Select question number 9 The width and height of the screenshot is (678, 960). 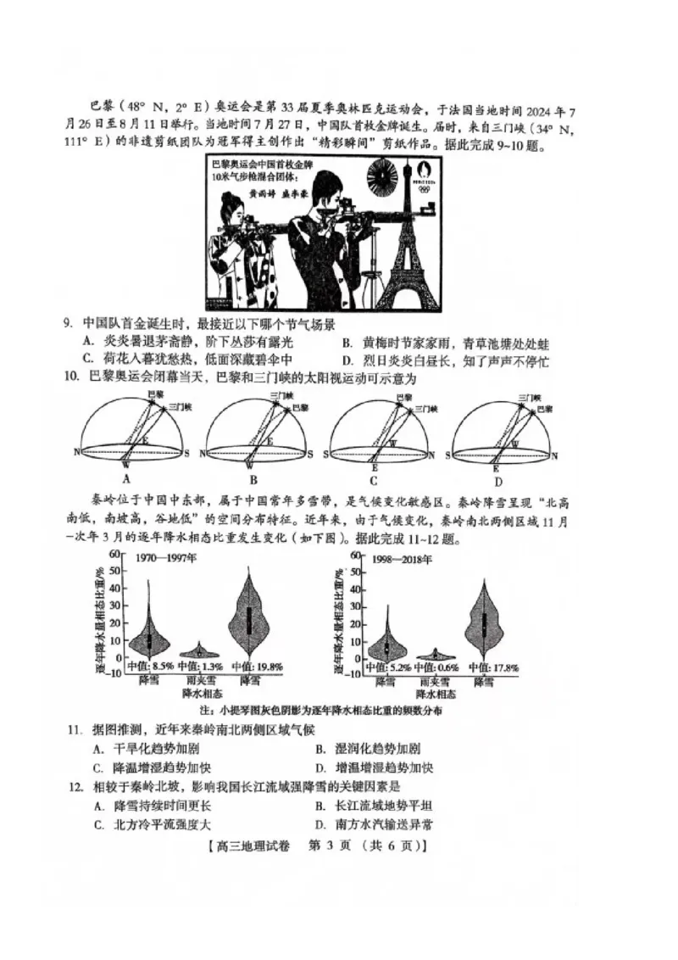[67, 324]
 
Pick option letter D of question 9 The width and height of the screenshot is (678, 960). [347, 362]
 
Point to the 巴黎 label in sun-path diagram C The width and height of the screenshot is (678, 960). [403, 397]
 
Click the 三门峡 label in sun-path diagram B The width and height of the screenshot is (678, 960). [281, 396]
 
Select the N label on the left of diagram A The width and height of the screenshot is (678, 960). [76, 452]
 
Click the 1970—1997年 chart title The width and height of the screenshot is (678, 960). [166, 559]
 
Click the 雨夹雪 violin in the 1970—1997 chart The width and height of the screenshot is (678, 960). [199, 651]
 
